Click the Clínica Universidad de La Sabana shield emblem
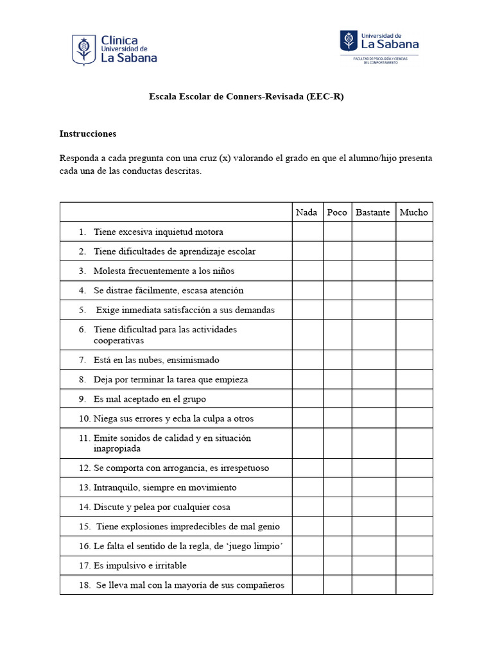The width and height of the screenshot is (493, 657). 83,50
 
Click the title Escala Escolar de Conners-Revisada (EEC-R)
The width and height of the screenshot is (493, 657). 246,97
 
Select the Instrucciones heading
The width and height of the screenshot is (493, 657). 88,134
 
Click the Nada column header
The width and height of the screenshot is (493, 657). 307,212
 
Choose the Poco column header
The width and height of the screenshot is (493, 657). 337,212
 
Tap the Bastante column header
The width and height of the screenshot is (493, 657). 373,212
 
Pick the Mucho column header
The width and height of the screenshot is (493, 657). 413,212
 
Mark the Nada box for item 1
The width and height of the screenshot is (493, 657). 307,232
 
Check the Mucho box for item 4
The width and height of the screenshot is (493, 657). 413,291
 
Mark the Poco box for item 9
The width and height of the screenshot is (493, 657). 337,399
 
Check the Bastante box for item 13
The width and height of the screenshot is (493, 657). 373,488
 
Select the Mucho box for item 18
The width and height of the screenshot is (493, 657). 413,584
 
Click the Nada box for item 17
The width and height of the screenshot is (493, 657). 307,565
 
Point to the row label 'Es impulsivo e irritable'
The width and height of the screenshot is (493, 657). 140,566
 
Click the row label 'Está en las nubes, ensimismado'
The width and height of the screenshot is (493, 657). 156,360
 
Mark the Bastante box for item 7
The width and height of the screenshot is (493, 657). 373,360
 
